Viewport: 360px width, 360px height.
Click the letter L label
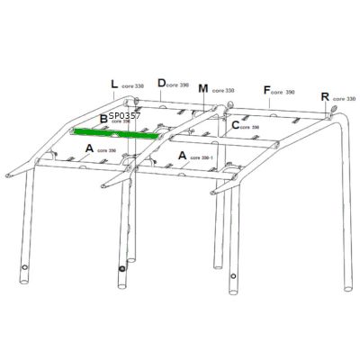[x=114, y=85]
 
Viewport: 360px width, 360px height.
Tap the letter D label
[x=161, y=83]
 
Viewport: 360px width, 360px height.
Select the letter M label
[x=203, y=88]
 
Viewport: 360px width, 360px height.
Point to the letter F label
[x=266, y=90]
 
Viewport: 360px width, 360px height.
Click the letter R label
[x=325, y=95]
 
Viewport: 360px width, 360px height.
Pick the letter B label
[x=103, y=118]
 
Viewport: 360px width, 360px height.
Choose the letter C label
[x=236, y=125]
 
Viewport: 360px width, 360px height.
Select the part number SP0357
[x=125, y=115]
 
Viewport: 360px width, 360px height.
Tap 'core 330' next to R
[x=344, y=99]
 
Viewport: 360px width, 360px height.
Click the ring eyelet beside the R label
[x=331, y=112]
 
